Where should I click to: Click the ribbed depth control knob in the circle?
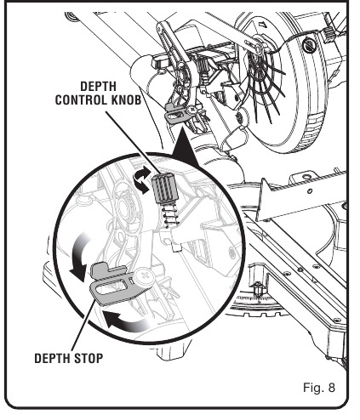[x=163, y=188]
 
